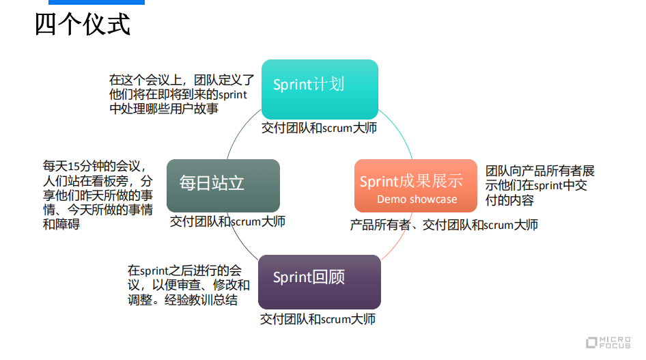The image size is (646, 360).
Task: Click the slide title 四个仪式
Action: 83,25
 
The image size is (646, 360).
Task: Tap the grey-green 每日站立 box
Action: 223,184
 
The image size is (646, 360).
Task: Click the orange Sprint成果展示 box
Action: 411,185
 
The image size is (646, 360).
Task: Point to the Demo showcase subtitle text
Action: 417,199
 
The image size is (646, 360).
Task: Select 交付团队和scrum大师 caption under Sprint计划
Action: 319,128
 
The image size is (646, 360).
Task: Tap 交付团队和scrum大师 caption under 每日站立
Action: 227,221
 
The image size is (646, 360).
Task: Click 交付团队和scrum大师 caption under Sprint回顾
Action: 318,319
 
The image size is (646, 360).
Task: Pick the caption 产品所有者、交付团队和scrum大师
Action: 444,225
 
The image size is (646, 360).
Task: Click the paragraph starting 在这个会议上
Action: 181,94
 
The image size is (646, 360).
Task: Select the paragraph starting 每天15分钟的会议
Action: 98,195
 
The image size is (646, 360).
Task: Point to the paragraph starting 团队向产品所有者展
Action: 539,185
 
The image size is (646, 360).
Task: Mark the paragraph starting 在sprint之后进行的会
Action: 188,285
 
